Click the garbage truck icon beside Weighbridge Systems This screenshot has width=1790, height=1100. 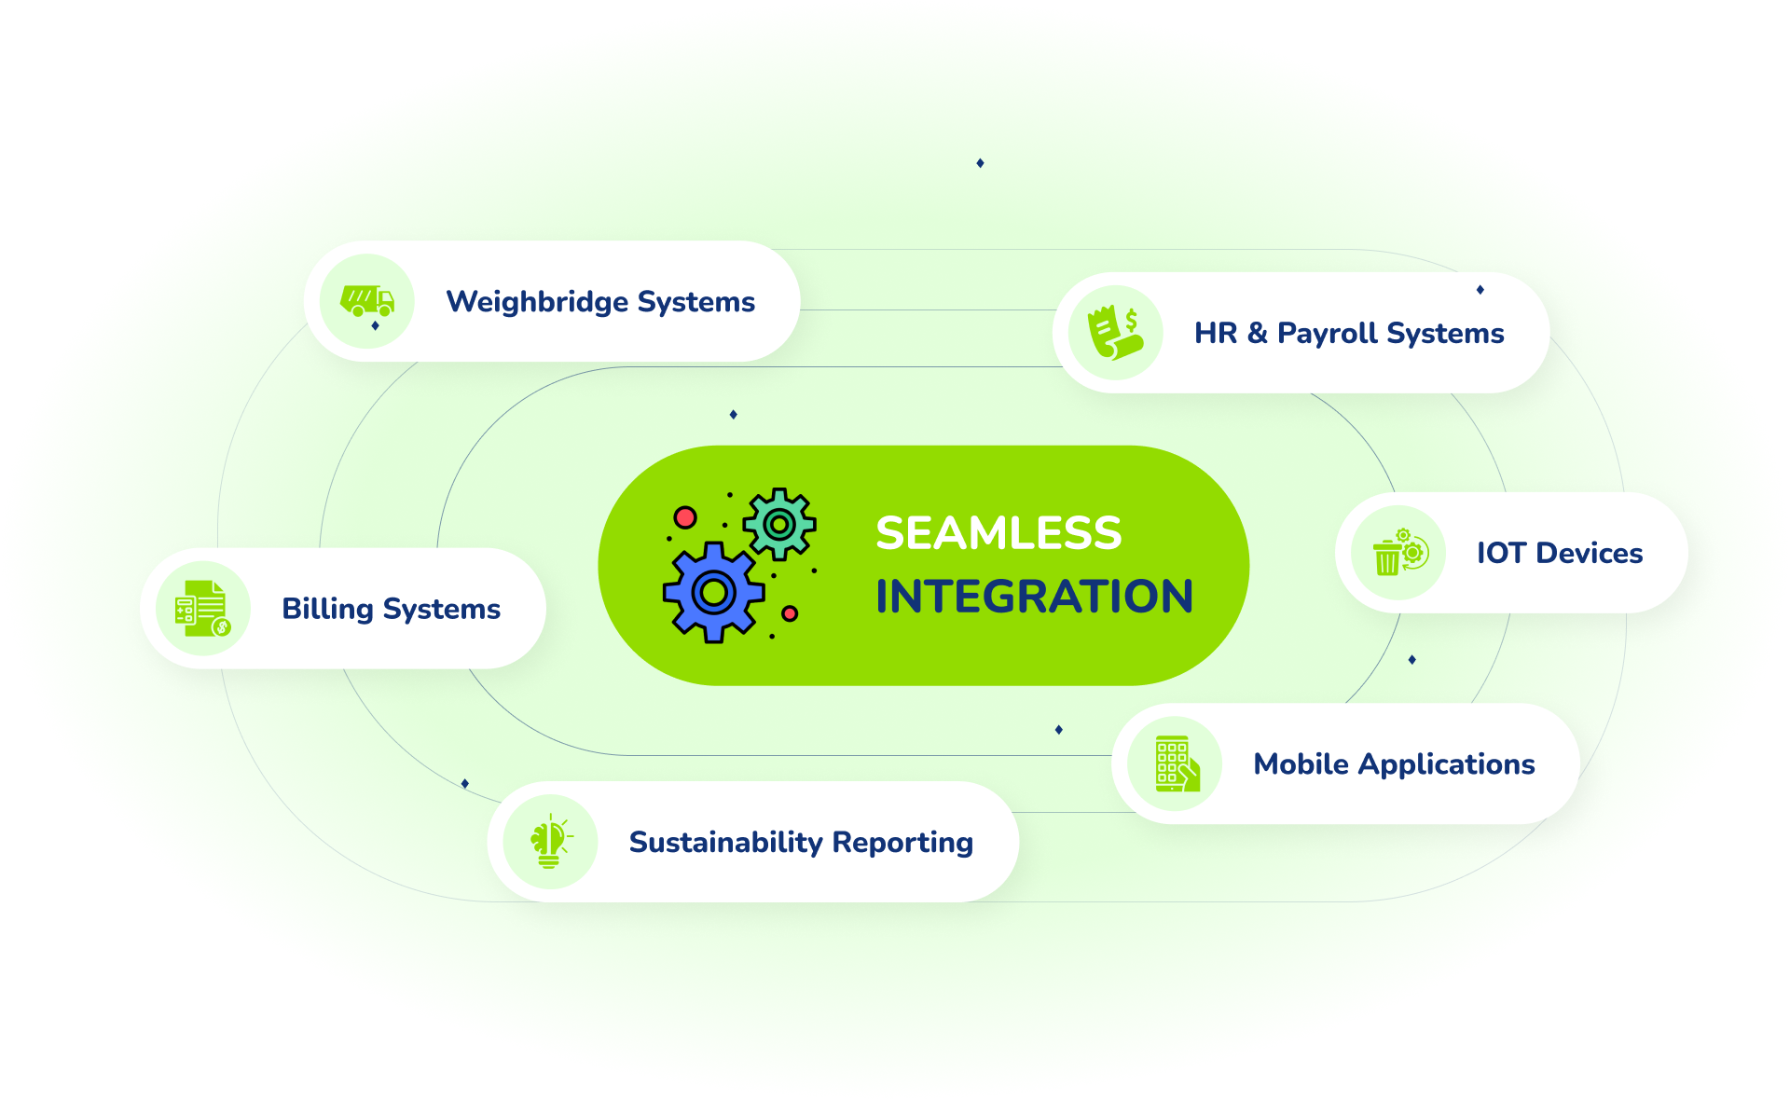click(367, 301)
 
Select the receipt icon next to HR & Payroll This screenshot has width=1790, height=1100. click(1116, 333)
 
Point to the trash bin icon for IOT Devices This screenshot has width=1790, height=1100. click(1398, 553)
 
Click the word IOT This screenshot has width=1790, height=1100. click(1501, 553)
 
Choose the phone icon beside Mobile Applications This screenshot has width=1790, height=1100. click(1176, 764)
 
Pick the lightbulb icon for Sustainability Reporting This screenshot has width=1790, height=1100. click(550, 842)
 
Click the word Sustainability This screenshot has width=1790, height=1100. click(725, 842)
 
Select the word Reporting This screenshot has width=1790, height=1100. click(902, 842)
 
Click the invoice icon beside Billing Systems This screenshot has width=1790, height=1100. click(202, 609)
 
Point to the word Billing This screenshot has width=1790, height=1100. click(327, 609)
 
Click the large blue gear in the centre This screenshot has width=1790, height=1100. click(713, 592)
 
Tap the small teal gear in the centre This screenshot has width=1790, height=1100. click(779, 524)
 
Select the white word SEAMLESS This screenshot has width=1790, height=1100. click(998, 533)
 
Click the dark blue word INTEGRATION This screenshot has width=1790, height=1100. click(1034, 597)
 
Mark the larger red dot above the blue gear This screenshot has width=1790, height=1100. click(685, 517)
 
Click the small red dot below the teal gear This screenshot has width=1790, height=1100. click(790, 613)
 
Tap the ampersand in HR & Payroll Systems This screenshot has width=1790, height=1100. click(1258, 333)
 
